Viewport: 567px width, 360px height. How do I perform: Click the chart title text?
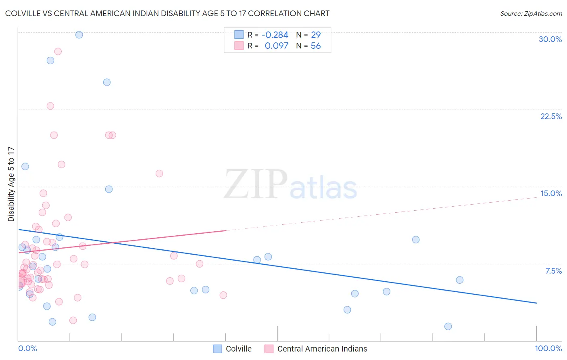coord(167,13)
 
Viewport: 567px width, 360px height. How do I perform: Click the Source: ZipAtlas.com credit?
coord(531,14)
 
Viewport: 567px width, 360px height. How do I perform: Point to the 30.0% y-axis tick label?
coord(550,39)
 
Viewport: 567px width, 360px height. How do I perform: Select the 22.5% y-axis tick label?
coord(551,116)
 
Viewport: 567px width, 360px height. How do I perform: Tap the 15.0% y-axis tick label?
coord(551,193)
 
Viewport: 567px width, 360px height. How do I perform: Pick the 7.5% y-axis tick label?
coord(553,271)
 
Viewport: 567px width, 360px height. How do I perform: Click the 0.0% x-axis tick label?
coord(27,348)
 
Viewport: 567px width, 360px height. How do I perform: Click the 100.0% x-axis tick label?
coord(548,348)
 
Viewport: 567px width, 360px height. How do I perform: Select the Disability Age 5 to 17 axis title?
coord(11,184)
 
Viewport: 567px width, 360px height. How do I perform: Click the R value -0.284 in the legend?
coord(275,35)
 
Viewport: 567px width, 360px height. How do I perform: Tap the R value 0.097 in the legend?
coord(276,46)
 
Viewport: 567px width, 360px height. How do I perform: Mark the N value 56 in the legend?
coord(316,46)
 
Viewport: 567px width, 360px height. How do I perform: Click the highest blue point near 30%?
coord(79,35)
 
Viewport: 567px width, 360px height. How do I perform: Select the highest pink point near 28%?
coord(58,51)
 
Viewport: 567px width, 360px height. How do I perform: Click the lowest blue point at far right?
coord(448,326)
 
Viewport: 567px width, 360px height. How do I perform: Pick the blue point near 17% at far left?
coord(25,166)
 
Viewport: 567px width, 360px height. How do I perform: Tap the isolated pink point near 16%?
coord(159,174)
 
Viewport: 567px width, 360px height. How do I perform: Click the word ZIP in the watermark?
coord(256,185)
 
